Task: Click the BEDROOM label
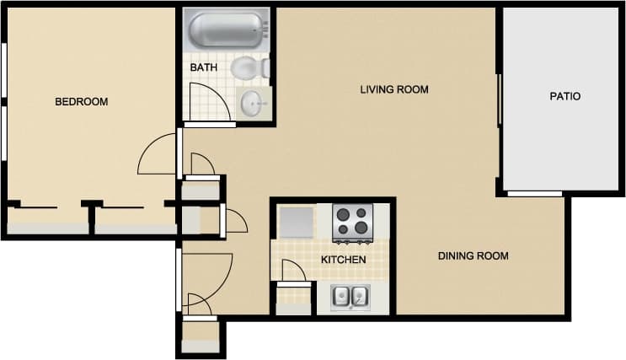click(x=81, y=102)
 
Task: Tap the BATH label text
click(x=203, y=67)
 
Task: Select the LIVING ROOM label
click(x=394, y=89)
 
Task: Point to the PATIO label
click(x=564, y=96)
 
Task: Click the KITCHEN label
click(x=344, y=260)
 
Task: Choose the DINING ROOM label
click(x=473, y=255)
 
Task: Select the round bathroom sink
click(x=254, y=103)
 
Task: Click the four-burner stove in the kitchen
click(x=352, y=221)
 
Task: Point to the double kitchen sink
click(x=350, y=297)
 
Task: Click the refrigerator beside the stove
click(x=297, y=222)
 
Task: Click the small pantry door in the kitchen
click(x=292, y=271)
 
